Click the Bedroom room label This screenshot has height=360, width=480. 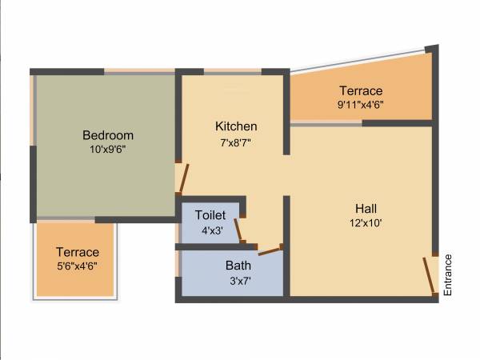[x=108, y=135]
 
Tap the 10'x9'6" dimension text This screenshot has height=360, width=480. [x=108, y=148]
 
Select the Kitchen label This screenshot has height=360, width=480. [x=236, y=126]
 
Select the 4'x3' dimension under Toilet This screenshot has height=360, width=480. [x=211, y=230]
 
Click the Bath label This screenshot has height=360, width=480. [x=238, y=266]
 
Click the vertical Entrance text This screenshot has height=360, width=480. [x=448, y=275]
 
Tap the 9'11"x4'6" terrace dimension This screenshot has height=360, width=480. [x=360, y=103]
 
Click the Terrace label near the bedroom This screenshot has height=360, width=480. [x=78, y=252]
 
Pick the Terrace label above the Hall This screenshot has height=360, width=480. [x=361, y=90]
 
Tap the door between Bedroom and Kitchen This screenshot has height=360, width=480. [x=184, y=178]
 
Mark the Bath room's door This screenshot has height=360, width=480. [x=269, y=251]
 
